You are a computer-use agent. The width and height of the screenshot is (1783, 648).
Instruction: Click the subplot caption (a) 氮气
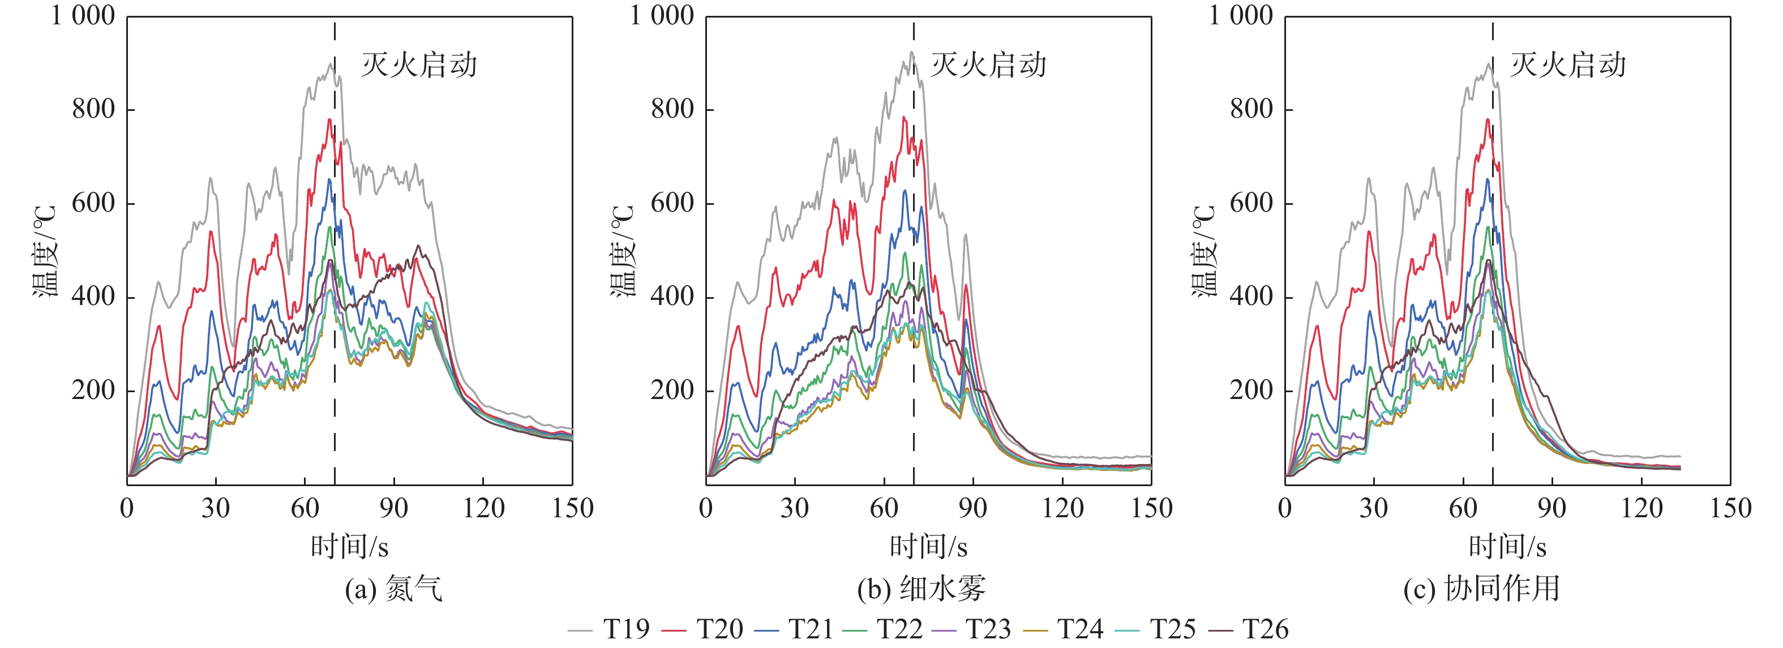click(x=393, y=589)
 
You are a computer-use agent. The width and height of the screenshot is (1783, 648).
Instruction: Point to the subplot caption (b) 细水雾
click(x=920, y=589)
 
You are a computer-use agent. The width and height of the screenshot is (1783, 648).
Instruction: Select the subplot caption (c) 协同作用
click(x=1481, y=589)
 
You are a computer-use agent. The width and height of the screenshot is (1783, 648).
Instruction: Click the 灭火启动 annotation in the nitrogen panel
click(x=419, y=65)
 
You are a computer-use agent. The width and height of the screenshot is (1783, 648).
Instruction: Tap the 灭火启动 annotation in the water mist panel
click(x=988, y=65)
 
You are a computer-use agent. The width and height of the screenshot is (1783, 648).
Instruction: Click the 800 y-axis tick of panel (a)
click(x=93, y=109)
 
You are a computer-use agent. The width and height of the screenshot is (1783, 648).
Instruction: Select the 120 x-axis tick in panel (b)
click(x=1062, y=508)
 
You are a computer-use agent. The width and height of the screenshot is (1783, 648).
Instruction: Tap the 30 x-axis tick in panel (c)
click(x=1373, y=508)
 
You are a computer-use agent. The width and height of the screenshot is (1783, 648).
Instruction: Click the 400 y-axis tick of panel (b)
click(x=672, y=297)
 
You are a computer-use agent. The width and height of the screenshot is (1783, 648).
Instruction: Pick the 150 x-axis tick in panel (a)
click(x=572, y=508)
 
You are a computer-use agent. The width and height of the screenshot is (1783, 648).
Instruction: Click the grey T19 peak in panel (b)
click(x=911, y=52)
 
